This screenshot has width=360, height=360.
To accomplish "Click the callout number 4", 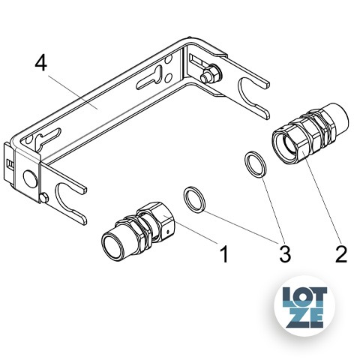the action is (x=40, y=63).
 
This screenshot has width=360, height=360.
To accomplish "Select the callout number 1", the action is (x=224, y=253).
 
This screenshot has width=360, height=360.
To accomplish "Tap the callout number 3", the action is (x=285, y=253).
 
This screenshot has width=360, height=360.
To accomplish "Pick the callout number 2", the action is (x=341, y=253).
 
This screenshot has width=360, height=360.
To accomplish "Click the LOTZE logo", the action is (x=304, y=306).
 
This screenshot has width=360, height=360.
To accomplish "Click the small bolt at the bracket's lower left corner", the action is (x=43, y=198).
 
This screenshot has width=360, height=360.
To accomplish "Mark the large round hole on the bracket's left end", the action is (x=30, y=179).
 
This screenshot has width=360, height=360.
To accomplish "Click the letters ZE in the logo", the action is (x=304, y=317).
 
